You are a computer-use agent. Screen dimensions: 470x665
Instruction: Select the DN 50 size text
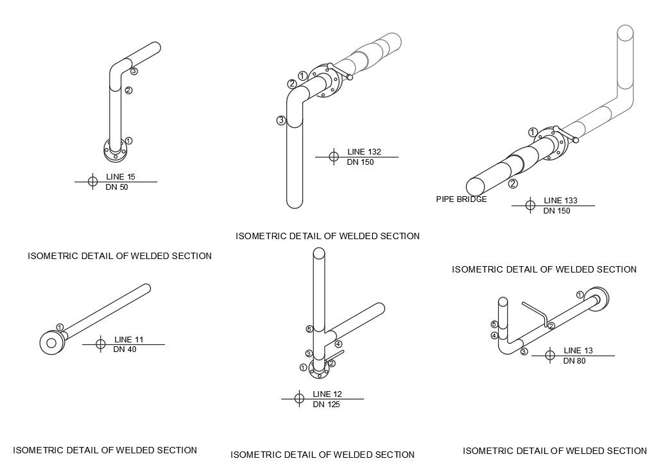click(117, 187)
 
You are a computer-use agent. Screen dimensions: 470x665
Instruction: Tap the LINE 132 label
click(364, 152)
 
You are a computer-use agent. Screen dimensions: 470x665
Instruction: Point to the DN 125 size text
click(326, 405)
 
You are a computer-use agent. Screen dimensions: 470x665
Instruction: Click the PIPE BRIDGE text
click(461, 199)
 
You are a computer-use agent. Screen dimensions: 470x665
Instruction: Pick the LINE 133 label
click(560, 201)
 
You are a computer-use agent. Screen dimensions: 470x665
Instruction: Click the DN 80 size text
click(574, 361)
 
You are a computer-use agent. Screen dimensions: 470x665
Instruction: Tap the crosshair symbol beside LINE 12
click(298, 399)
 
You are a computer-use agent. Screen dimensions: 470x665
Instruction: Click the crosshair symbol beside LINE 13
click(549, 356)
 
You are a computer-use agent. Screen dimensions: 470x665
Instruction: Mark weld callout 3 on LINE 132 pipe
click(281, 120)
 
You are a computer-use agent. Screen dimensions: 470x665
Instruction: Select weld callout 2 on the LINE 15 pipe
click(128, 90)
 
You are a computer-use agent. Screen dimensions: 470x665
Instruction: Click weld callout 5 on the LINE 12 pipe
click(309, 329)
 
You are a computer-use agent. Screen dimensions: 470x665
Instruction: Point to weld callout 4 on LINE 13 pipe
click(494, 335)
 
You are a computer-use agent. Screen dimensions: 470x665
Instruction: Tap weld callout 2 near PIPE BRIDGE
click(513, 184)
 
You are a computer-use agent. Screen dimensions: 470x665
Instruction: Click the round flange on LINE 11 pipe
click(51, 342)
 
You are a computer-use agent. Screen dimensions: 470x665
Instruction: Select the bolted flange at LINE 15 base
click(116, 151)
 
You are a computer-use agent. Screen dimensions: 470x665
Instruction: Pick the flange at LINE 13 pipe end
click(600, 299)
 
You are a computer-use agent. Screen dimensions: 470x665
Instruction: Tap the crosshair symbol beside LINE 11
click(100, 344)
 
